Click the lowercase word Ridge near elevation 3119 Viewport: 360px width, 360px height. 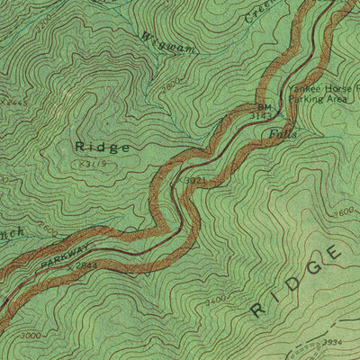click(102, 146)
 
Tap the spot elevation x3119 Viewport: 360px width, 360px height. click(94, 165)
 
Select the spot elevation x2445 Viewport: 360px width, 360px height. click(13, 103)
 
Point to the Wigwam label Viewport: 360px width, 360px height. click(164, 42)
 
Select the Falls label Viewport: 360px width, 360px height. click(283, 133)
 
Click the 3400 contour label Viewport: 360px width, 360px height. click(215, 301)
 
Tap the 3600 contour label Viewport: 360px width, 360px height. click(343, 213)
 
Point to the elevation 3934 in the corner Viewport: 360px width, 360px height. click(333, 343)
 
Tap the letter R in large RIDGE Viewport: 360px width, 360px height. click(257, 310)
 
